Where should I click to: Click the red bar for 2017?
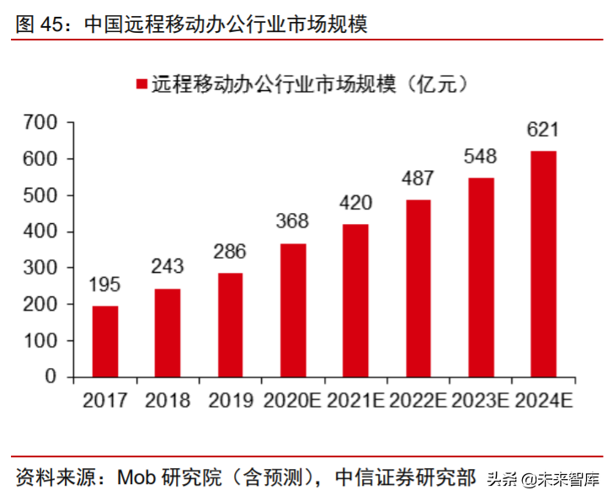pos(105,341)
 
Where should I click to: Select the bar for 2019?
pos(230,325)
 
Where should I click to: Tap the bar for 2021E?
pos(355,301)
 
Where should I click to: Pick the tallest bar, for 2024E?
pos(543,264)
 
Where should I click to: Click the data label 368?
pos(292,221)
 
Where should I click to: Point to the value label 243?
pos(168,267)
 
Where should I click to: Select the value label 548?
pos(480,156)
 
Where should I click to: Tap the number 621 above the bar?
pos(542,130)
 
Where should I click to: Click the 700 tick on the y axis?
pos(40,123)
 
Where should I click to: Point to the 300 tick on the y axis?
pos(40,269)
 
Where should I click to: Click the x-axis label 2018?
pos(168,400)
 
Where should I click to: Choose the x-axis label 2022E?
pos(418,400)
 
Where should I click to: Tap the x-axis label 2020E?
pos(292,400)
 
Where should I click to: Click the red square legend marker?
pos(141,84)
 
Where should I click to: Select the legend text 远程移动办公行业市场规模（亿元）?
pos(310,84)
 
